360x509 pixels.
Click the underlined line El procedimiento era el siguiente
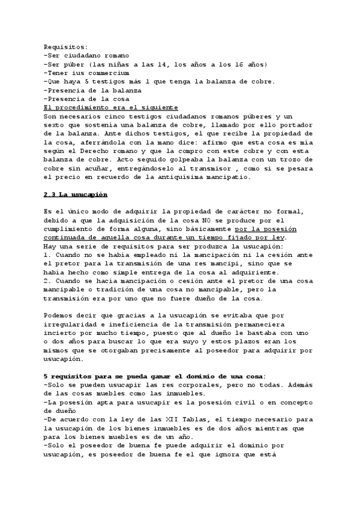(x=106, y=107)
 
